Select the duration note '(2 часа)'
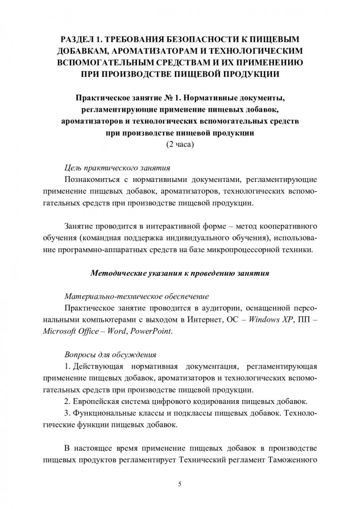click(x=180, y=144)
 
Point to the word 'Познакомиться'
click(x=93, y=180)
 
